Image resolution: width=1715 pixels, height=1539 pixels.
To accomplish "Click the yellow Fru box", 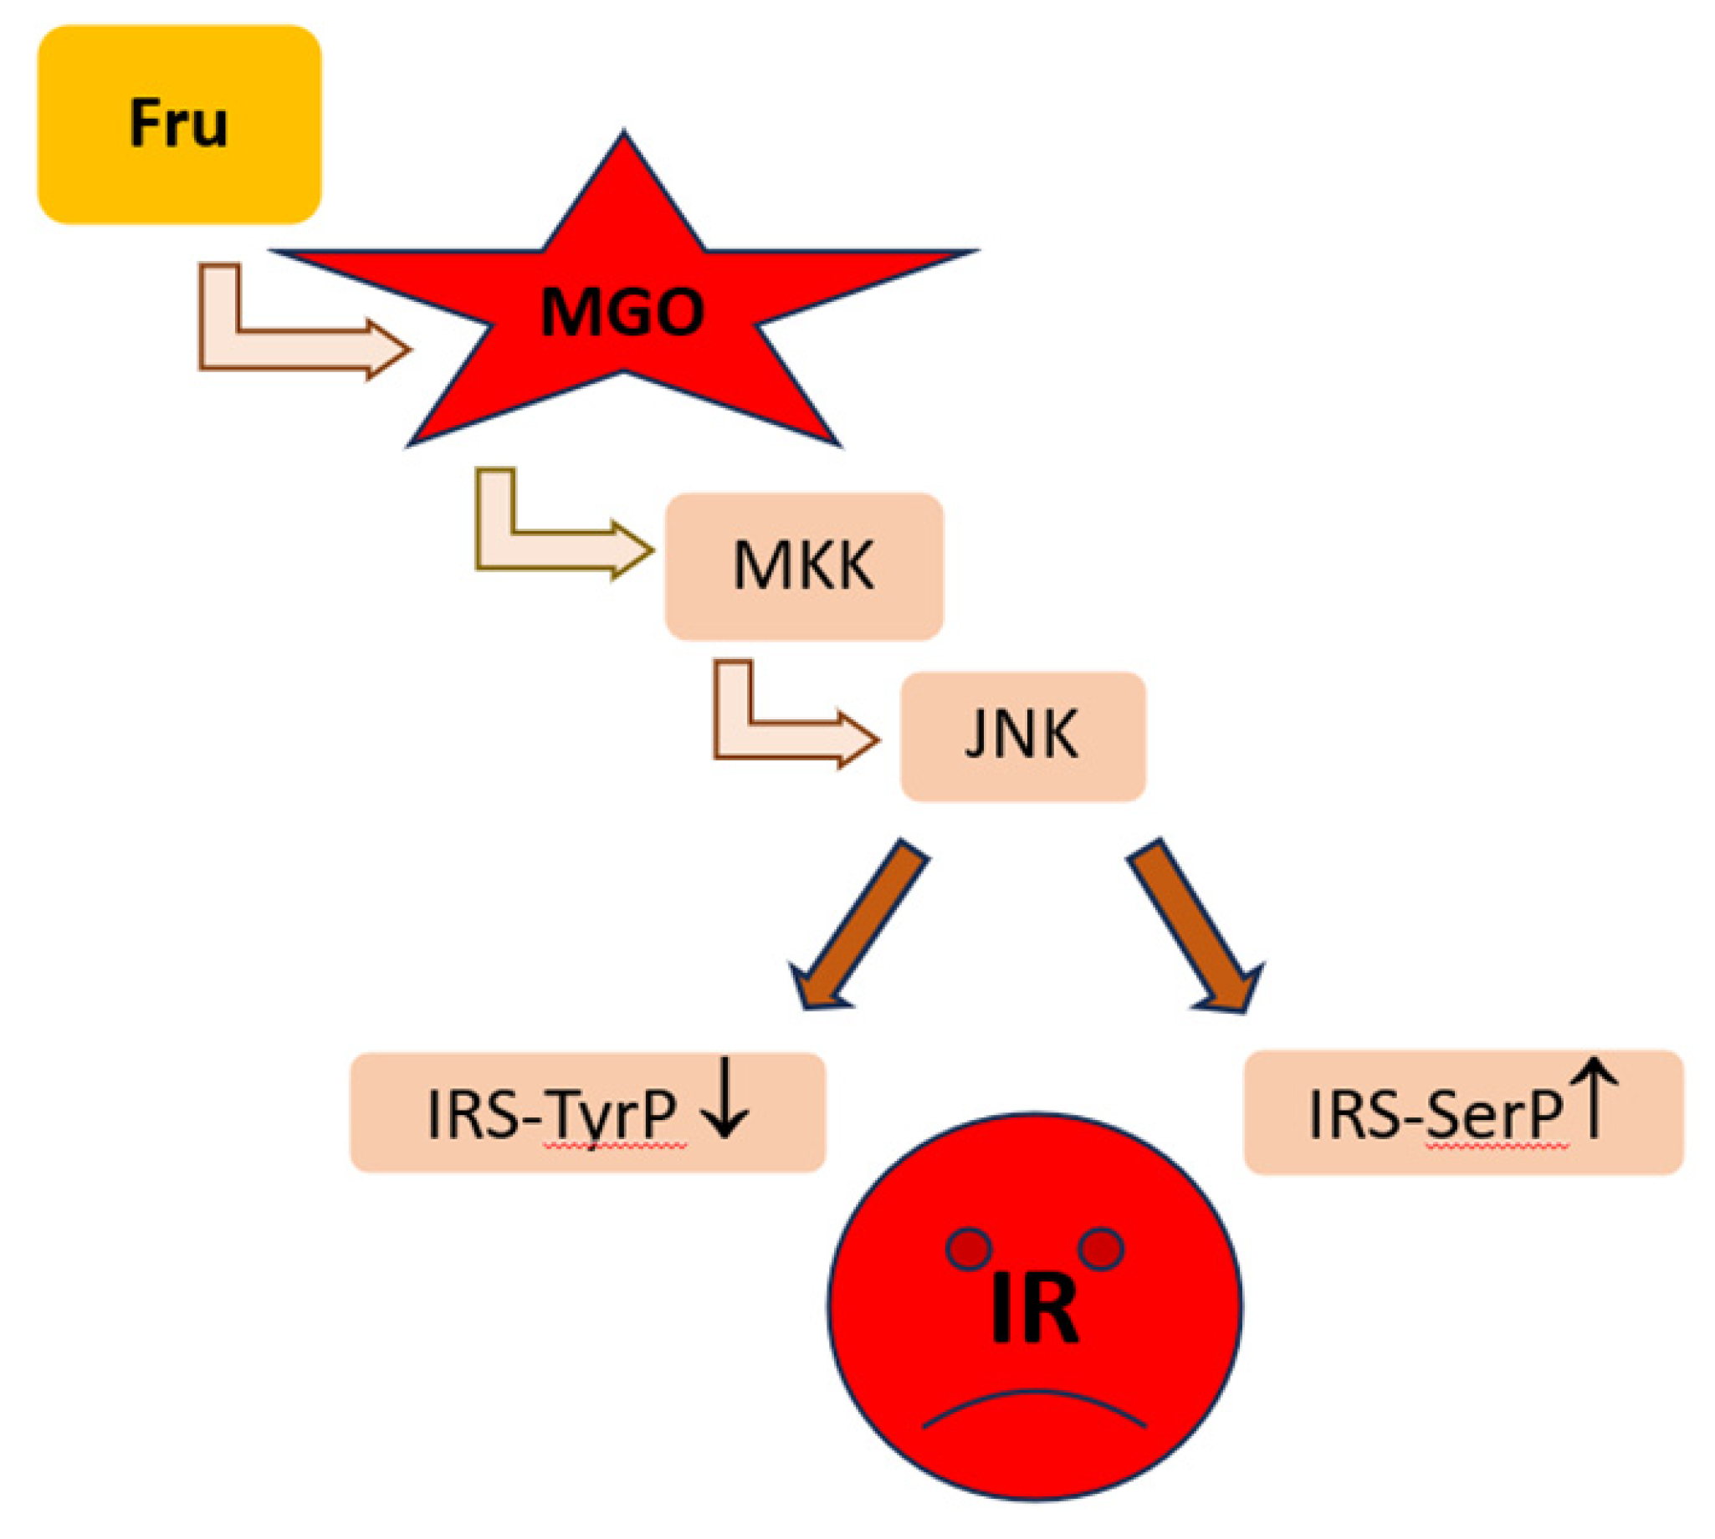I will coord(179,125).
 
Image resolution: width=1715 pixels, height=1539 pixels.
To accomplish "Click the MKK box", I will coord(803,565).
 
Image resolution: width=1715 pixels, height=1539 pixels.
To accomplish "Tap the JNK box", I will coord(1021,735).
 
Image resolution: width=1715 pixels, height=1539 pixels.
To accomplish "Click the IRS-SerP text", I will coord(1435,1115).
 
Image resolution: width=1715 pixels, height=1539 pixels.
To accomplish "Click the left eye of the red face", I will coord(967,1248).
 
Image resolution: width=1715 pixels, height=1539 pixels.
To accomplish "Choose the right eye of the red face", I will coord(1100,1248).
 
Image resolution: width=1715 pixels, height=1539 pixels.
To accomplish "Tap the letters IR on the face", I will coord(1033,1310).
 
